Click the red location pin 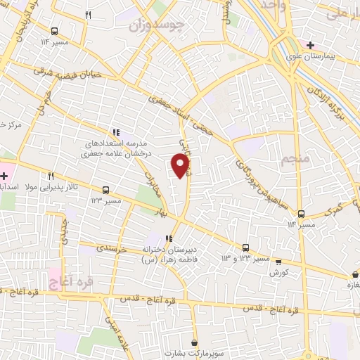click(x=181, y=166)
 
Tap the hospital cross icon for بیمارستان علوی click(x=310, y=45)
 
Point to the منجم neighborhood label click(x=295, y=160)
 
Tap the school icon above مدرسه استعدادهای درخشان click(x=115, y=131)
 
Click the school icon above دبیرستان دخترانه click(x=168, y=238)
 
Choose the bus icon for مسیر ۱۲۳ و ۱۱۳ click(x=245, y=247)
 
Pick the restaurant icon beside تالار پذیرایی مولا click(x=51, y=176)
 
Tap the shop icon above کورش click(x=278, y=261)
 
